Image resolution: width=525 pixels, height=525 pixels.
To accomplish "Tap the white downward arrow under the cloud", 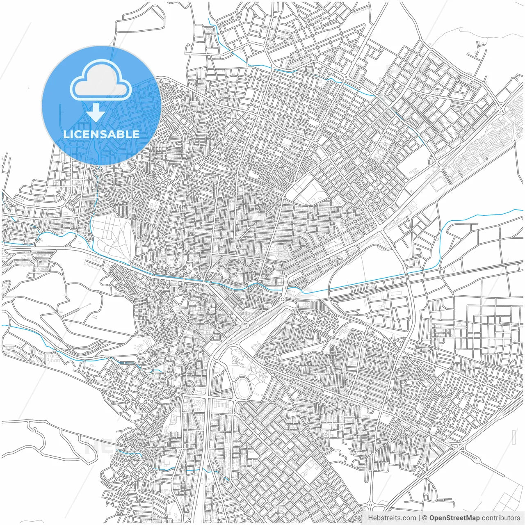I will (96, 112).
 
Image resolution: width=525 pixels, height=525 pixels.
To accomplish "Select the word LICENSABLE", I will (101, 134).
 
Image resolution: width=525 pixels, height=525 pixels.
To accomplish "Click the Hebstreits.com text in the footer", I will (392, 518).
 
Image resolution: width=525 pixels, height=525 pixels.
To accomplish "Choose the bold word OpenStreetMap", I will (454, 518).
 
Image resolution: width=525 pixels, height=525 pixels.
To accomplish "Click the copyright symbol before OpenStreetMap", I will (425, 518).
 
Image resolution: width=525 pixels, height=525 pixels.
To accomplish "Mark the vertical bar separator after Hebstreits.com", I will (419, 518).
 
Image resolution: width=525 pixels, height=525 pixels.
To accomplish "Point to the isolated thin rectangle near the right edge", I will (514, 437).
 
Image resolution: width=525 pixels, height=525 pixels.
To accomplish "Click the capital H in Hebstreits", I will (370, 518).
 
